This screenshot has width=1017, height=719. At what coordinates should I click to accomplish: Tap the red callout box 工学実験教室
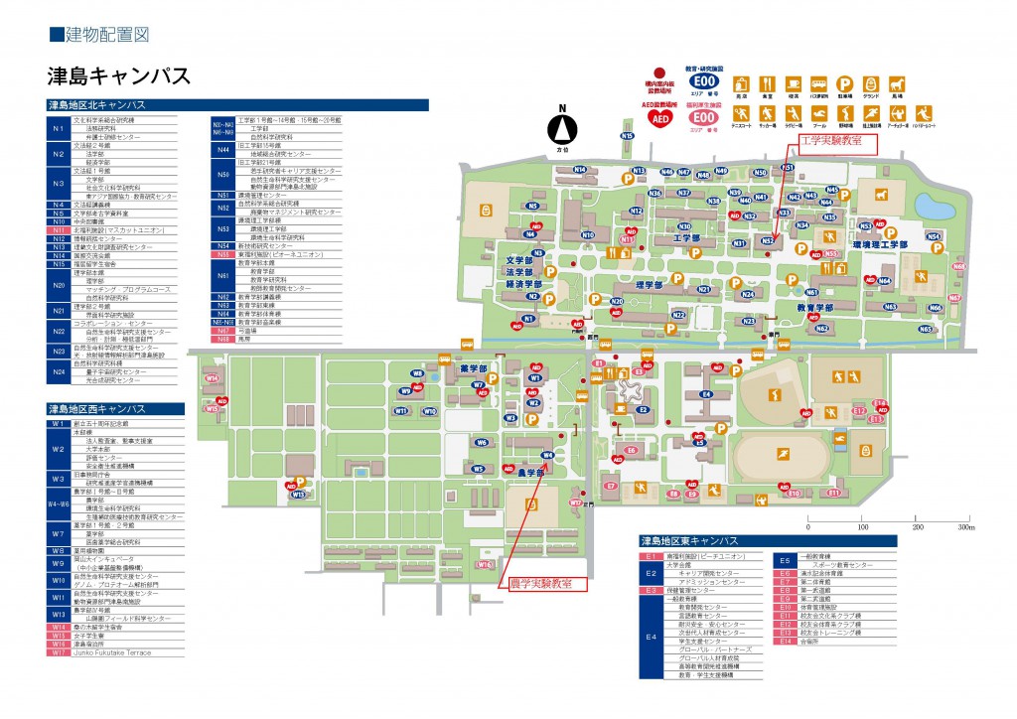point(829,142)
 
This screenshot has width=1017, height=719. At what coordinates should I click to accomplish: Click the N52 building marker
point(768,239)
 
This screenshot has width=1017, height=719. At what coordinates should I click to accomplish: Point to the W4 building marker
point(546,455)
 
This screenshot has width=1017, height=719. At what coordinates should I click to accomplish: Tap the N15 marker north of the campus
point(627,135)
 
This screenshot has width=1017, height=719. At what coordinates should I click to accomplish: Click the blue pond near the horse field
point(933,206)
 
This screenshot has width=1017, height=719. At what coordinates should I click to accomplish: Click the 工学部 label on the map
point(687,238)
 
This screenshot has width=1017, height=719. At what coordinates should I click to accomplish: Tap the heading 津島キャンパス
point(118,76)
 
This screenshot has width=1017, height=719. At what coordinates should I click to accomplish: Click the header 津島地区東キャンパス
point(690,541)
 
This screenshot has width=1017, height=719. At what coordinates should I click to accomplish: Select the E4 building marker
point(706,394)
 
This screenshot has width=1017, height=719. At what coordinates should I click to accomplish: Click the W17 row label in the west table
point(58,652)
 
